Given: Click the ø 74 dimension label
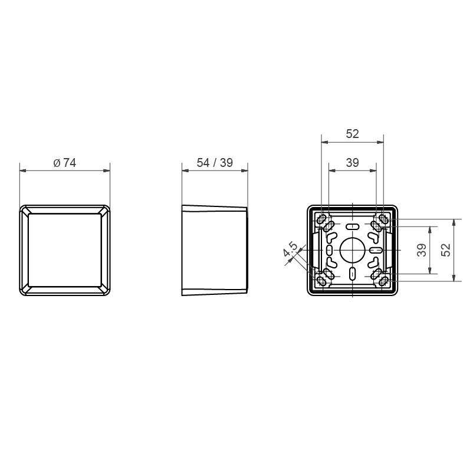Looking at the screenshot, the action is (64, 163).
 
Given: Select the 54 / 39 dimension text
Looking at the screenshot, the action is (215, 163).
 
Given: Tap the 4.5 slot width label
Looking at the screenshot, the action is (290, 249).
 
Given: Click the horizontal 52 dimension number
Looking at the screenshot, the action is (352, 134).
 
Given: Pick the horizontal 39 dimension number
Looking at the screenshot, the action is (352, 163).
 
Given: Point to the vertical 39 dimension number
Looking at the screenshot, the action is (422, 250).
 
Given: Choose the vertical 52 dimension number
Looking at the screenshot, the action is (445, 250).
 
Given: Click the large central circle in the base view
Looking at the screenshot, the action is (352, 250).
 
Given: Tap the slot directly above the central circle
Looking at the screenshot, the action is (352, 226).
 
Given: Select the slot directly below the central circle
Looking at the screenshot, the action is (352, 274).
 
